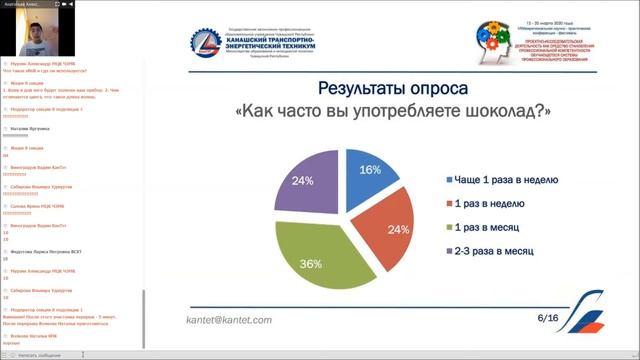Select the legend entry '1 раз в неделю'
[489, 204]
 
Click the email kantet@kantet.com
[229, 320]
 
